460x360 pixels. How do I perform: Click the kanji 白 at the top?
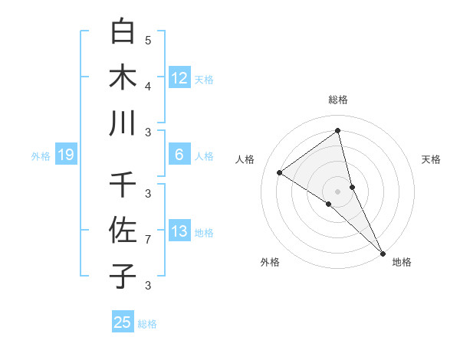click(123, 32)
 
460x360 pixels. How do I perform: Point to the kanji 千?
click(123, 185)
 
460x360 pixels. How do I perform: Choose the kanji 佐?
click(123, 230)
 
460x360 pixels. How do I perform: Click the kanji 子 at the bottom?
click(123, 275)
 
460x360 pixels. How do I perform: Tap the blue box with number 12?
click(179, 78)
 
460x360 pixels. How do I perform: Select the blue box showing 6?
click(179, 155)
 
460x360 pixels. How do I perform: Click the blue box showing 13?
click(179, 231)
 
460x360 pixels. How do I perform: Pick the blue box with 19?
click(65, 155)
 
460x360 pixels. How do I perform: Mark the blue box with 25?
click(123, 322)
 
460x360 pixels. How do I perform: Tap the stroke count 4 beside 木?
click(148, 86)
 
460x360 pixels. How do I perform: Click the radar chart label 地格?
click(402, 262)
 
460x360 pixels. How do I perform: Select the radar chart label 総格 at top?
click(337, 100)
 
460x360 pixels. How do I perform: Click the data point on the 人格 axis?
click(280, 172)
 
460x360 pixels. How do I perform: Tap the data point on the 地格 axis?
click(382, 252)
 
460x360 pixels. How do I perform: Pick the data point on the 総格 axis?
click(337, 130)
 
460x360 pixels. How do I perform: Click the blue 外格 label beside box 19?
click(40, 156)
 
